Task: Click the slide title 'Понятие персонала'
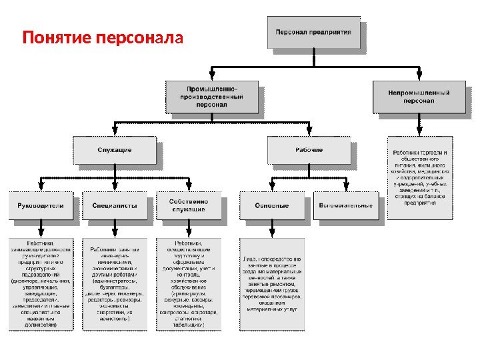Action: click(102, 36)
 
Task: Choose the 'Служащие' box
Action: click(115, 150)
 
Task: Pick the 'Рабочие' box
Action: click(308, 150)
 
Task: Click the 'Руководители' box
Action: click(41, 205)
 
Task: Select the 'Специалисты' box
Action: click(115, 205)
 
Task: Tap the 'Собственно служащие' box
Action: click(188, 205)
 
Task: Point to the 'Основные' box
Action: click(271, 205)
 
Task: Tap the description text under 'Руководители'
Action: click(41, 283)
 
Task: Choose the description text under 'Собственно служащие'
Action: click(188, 283)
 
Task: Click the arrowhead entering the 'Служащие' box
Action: click(115, 133)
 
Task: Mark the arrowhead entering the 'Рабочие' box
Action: click(308, 133)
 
